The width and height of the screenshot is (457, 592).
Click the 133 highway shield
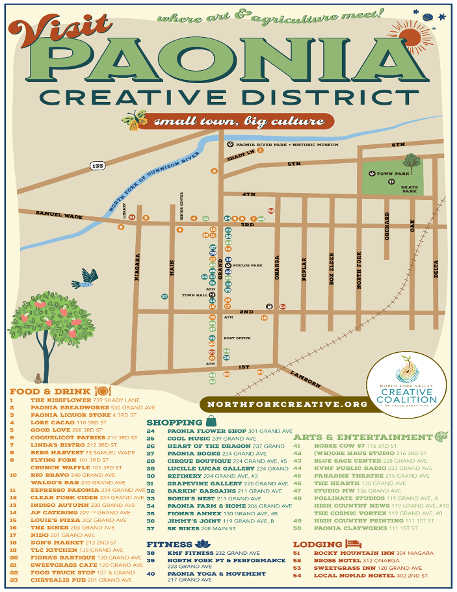pos(98,166)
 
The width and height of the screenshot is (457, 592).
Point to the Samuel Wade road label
pos(51,213)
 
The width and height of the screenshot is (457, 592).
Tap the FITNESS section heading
pos(169,544)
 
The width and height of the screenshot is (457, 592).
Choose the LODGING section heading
pos(317,545)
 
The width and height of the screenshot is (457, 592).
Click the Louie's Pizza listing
pos(69,520)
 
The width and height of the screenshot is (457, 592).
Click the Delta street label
pos(436,265)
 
